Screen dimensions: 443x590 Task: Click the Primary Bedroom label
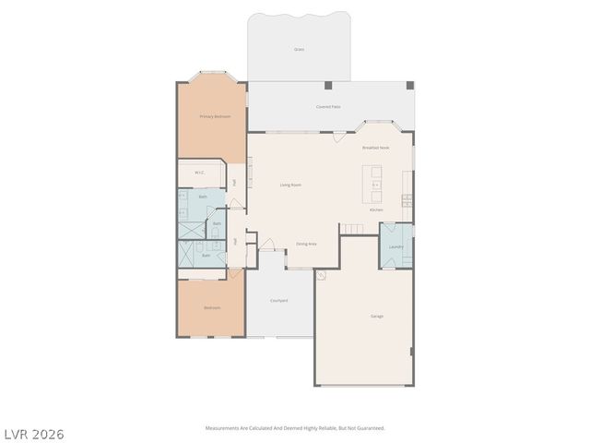(x=215, y=116)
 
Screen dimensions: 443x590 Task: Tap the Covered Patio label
(x=327, y=107)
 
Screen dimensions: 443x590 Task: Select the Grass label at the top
(x=299, y=49)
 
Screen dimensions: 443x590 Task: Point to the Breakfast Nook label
(x=375, y=148)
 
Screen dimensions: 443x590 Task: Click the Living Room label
(x=290, y=185)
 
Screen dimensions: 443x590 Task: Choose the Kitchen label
(x=376, y=210)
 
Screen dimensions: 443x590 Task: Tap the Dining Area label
(x=306, y=244)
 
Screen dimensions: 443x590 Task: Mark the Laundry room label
(x=395, y=246)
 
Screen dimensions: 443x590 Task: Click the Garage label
(x=377, y=316)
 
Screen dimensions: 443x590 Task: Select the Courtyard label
(x=279, y=300)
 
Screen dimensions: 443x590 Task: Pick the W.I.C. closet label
(x=199, y=173)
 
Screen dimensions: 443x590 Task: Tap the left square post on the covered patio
(x=329, y=86)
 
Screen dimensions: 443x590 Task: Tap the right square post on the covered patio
(x=410, y=86)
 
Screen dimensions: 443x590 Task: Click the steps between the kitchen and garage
(x=351, y=227)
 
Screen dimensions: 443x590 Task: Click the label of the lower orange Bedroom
(x=212, y=307)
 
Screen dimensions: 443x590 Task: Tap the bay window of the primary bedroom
(x=213, y=77)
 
